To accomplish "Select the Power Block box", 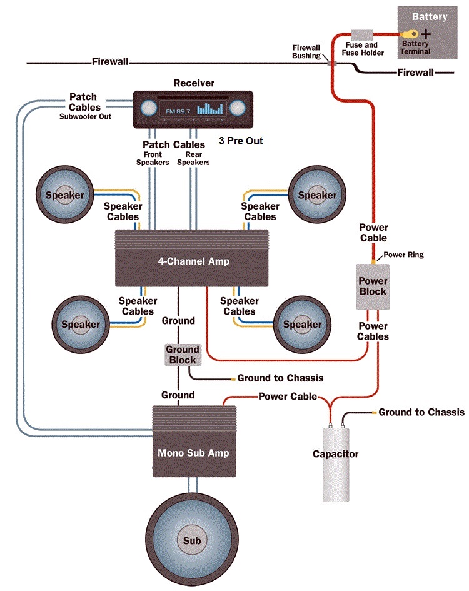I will click(x=373, y=286).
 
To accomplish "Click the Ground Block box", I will click(x=182, y=355).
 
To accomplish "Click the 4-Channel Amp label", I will click(x=193, y=262).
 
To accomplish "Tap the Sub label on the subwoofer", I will click(x=192, y=540).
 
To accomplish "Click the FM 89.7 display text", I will click(x=178, y=111).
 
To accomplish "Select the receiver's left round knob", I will click(x=148, y=108).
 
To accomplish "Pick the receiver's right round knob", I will click(x=237, y=108).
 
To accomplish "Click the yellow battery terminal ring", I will click(x=410, y=33).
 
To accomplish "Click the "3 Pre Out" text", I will click(x=241, y=141).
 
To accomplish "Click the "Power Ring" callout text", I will click(x=403, y=255).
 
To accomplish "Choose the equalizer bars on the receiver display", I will click(x=210, y=109).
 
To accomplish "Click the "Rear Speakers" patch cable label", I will click(x=193, y=158).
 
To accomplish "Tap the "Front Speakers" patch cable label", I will click(x=153, y=158).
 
